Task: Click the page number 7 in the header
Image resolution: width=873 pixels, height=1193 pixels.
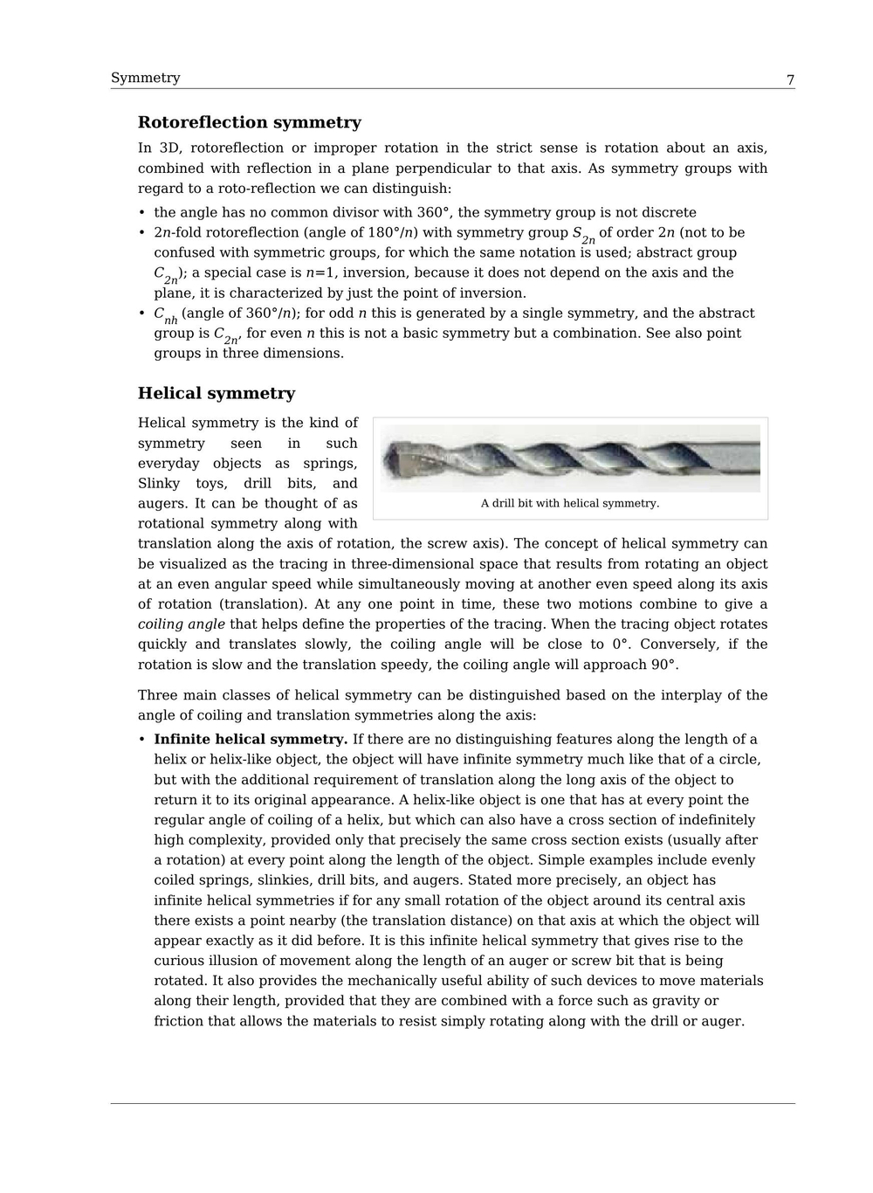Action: tap(790, 80)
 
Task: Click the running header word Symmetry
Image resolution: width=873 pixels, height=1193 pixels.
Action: tap(145, 78)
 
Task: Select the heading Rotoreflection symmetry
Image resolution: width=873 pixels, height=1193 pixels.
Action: tap(249, 122)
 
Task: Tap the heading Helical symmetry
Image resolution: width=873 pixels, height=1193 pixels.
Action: tap(217, 393)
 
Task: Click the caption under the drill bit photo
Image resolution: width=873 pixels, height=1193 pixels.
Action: tap(569, 503)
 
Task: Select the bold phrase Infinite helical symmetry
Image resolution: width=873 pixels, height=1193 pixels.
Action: tap(251, 740)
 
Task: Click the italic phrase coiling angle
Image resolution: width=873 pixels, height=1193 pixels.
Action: tap(181, 624)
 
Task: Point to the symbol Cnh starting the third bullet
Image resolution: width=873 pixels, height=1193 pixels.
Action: tap(165, 314)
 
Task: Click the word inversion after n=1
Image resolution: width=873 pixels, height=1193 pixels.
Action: tap(374, 272)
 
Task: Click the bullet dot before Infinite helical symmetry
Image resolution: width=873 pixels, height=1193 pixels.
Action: tap(142, 740)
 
